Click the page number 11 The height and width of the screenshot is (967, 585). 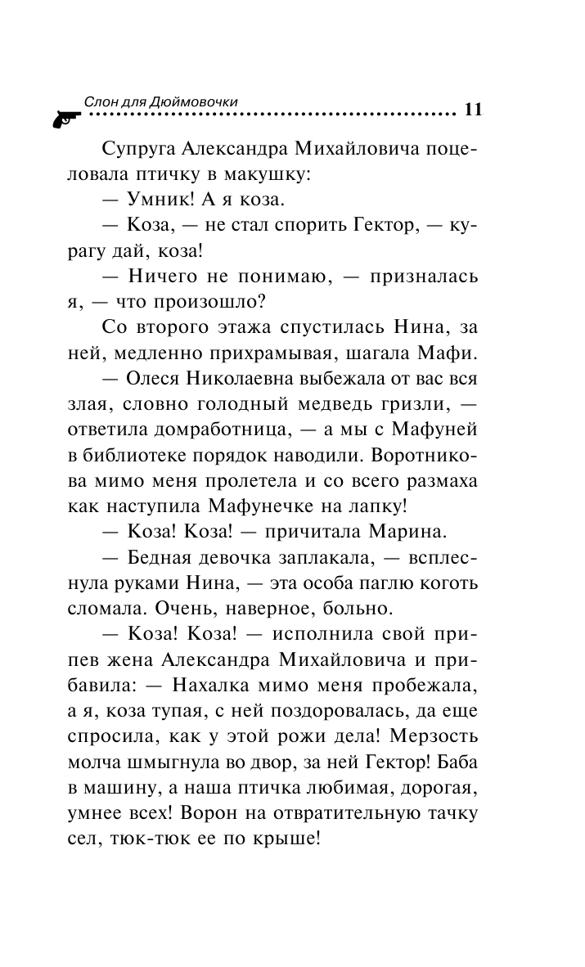473,110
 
